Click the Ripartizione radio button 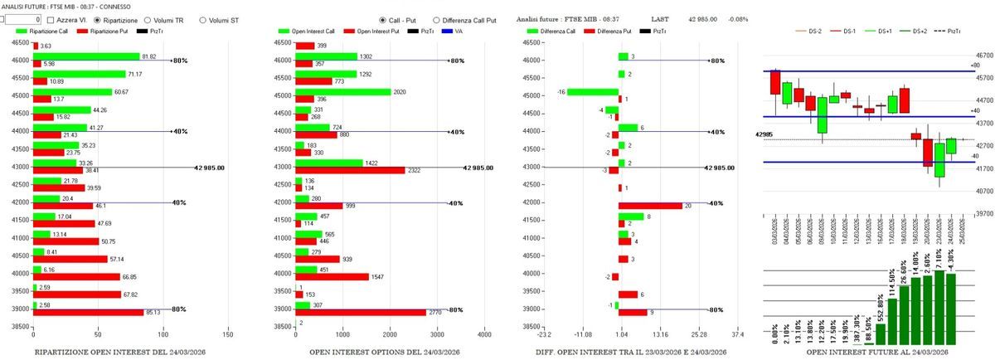click(x=99, y=19)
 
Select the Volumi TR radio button click(x=148, y=19)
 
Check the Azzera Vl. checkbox click(x=51, y=19)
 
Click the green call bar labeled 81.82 click(x=86, y=56)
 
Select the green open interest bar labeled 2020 click(x=343, y=92)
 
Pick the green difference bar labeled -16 click(x=592, y=92)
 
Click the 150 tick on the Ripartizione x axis click(x=229, y=335)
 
